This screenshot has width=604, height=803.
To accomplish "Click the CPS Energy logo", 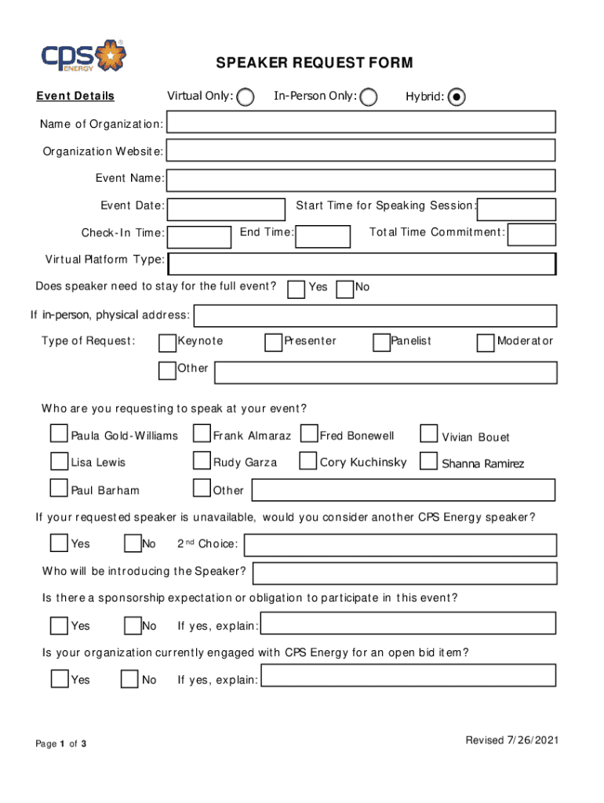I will coord(82,56).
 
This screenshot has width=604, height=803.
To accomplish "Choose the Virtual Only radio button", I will coord(246,96).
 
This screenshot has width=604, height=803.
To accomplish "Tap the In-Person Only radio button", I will coord(368,97).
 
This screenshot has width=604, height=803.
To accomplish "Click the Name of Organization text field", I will coord(361,122).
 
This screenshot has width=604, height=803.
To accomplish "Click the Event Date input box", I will coord(227,209).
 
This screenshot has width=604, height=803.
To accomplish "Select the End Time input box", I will coord(323,236).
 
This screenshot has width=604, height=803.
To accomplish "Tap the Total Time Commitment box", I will coord(532,234).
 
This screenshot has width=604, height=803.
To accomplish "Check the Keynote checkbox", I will coord(167,343).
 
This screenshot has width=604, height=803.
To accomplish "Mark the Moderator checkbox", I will coord(486,343).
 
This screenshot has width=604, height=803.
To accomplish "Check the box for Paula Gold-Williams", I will coord(59,434).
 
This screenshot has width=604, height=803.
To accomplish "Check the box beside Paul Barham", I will coord(59,488).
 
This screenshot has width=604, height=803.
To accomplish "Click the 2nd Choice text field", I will coord(401,545).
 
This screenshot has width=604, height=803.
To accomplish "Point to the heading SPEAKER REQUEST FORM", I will coord(315,64).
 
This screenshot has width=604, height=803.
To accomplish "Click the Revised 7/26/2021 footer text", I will coord(511,740).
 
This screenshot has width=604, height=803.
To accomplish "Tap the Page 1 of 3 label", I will coord(61,743).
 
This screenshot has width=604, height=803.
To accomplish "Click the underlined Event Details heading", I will coord(75,96).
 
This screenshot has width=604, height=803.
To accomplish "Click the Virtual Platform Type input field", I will coord(362,264).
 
